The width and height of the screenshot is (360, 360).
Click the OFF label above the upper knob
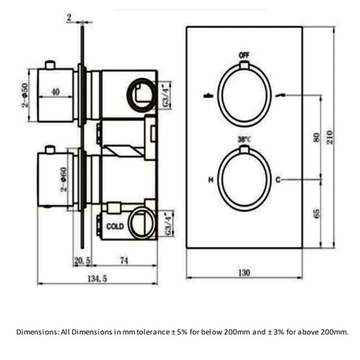244,55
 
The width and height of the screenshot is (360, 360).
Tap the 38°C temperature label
244,139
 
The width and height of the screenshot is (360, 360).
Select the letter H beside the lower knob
211,180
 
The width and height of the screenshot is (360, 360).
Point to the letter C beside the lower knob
278,180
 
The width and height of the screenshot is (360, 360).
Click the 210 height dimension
329,137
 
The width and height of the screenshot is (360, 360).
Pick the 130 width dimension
244,273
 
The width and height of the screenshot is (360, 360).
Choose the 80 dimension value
316,137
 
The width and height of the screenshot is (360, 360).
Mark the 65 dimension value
316,214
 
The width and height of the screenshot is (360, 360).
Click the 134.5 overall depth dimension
97,279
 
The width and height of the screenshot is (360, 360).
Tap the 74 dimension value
124,261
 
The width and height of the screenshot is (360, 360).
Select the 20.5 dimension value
82,261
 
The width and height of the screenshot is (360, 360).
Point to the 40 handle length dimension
55,92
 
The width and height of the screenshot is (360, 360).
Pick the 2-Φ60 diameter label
64,179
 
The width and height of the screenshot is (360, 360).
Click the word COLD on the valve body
115,226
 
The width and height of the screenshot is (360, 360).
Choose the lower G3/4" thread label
169,224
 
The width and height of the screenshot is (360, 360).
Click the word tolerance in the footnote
154,332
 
